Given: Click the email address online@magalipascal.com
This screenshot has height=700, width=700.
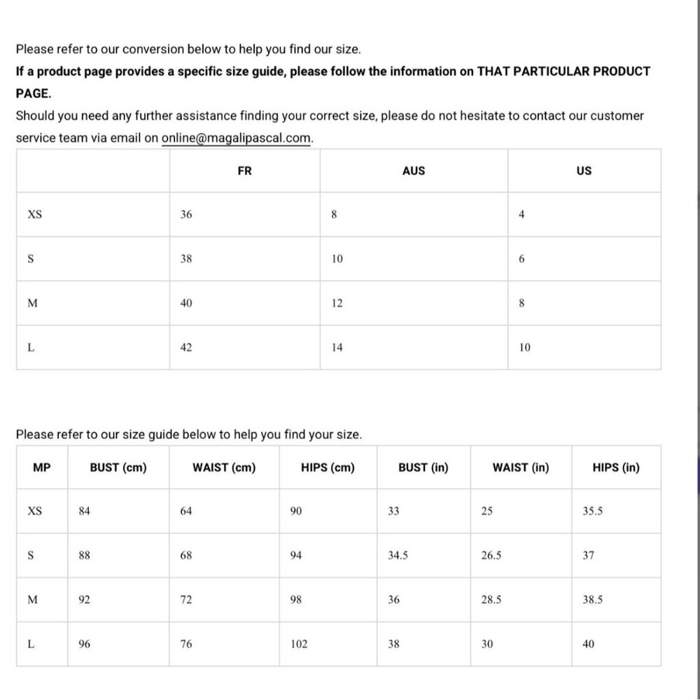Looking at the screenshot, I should [x=237, y=138].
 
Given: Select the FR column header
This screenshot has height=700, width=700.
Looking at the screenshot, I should [x=244, y=170].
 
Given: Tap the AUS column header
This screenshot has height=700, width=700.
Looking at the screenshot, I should [x=414, y=170].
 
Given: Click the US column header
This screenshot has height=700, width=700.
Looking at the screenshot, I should [x=584, y=170].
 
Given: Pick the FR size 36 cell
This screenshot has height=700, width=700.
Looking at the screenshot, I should [x=186, y=215].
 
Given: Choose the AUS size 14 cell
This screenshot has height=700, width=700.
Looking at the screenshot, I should [x=337, y=347].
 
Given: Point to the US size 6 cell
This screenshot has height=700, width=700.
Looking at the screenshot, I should [x=521, y=259].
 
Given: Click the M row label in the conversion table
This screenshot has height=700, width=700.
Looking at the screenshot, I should [x=31, y=303].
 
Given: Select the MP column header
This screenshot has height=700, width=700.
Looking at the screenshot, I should [x=42, y=468].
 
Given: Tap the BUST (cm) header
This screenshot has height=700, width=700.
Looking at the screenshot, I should [x=118, y=468].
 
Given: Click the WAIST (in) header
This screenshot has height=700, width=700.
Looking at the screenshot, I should [x=521, y=468].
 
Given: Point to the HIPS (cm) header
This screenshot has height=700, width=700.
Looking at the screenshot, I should [x=328, y=468].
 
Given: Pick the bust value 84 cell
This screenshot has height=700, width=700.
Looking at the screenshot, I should [x=85, y=511].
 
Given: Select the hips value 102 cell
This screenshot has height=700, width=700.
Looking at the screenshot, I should [x=299, y=644].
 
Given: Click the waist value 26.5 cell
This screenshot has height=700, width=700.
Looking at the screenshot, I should [x=491, y=556].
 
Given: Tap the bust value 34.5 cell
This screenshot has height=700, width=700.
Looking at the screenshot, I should [x=398, y=556].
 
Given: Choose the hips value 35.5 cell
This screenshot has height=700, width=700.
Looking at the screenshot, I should [x=593, y=511].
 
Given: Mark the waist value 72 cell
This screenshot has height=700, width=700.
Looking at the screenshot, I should [x=186, y=600].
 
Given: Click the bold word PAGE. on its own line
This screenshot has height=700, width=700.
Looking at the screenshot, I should [x=33, y=93].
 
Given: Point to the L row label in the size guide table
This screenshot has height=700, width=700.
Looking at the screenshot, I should [x=31, y=644].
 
